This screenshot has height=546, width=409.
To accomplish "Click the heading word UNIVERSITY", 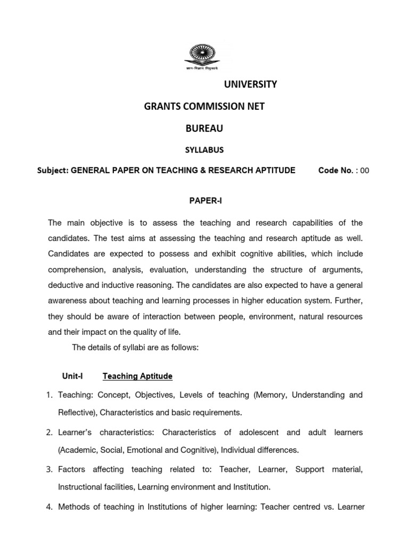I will tap(249, 84).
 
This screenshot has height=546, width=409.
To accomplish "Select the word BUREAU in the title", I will tap(204, 129).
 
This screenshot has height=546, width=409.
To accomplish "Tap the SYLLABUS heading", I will tap(204, 150).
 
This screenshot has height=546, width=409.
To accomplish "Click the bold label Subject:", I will tap(53, 171).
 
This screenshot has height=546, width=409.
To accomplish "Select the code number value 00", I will tap(364, 171).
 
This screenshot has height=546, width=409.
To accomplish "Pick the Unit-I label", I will tap(73, 376).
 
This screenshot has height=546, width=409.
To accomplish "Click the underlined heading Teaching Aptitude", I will tap(137, 376).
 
